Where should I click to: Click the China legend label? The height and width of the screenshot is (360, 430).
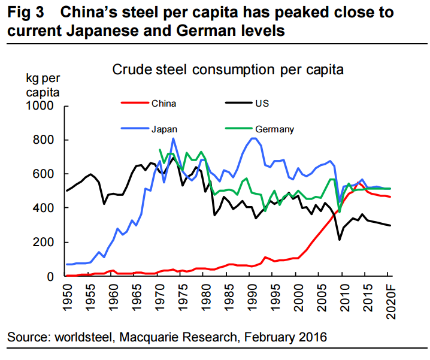(x=163, y=103)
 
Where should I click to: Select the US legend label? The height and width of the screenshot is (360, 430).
(x=262, y=103)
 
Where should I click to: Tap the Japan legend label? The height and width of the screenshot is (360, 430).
(x=164, y=129)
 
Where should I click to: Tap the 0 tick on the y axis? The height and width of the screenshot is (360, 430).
(x=51, y=276)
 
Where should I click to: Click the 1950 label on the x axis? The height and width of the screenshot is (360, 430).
(x=66, y=296)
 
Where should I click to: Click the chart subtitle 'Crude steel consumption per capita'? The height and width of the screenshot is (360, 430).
(x=228, y=69)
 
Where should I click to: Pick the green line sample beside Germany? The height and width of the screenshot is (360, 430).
(x=240, y=129)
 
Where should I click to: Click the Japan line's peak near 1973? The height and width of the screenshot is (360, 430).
(x=173, y=138)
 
